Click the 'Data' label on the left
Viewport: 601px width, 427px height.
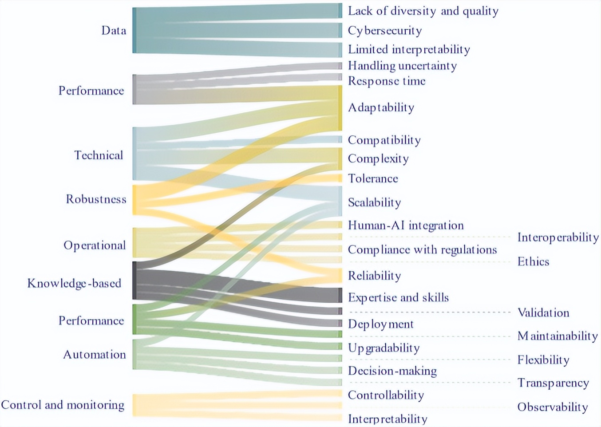114,30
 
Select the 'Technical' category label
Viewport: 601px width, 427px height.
99,155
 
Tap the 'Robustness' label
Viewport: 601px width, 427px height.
96,199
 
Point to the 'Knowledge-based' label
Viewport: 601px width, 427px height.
74,283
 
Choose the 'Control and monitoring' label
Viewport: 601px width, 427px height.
63,405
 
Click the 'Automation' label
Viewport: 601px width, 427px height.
95,354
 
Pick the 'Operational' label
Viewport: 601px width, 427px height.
95,245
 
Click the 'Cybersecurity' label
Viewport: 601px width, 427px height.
384,31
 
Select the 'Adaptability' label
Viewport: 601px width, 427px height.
381,107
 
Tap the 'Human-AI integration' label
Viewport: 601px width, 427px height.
406,225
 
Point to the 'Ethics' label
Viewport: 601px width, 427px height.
533,261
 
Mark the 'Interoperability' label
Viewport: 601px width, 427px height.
558,237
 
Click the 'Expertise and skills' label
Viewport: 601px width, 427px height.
398,297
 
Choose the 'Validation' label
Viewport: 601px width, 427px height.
543,313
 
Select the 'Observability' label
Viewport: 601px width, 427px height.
552,407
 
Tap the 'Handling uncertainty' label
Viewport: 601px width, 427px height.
402,66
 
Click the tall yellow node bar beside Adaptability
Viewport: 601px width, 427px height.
340,107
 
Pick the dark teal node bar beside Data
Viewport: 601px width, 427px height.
134,30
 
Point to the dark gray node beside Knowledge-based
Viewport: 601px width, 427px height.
134,281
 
